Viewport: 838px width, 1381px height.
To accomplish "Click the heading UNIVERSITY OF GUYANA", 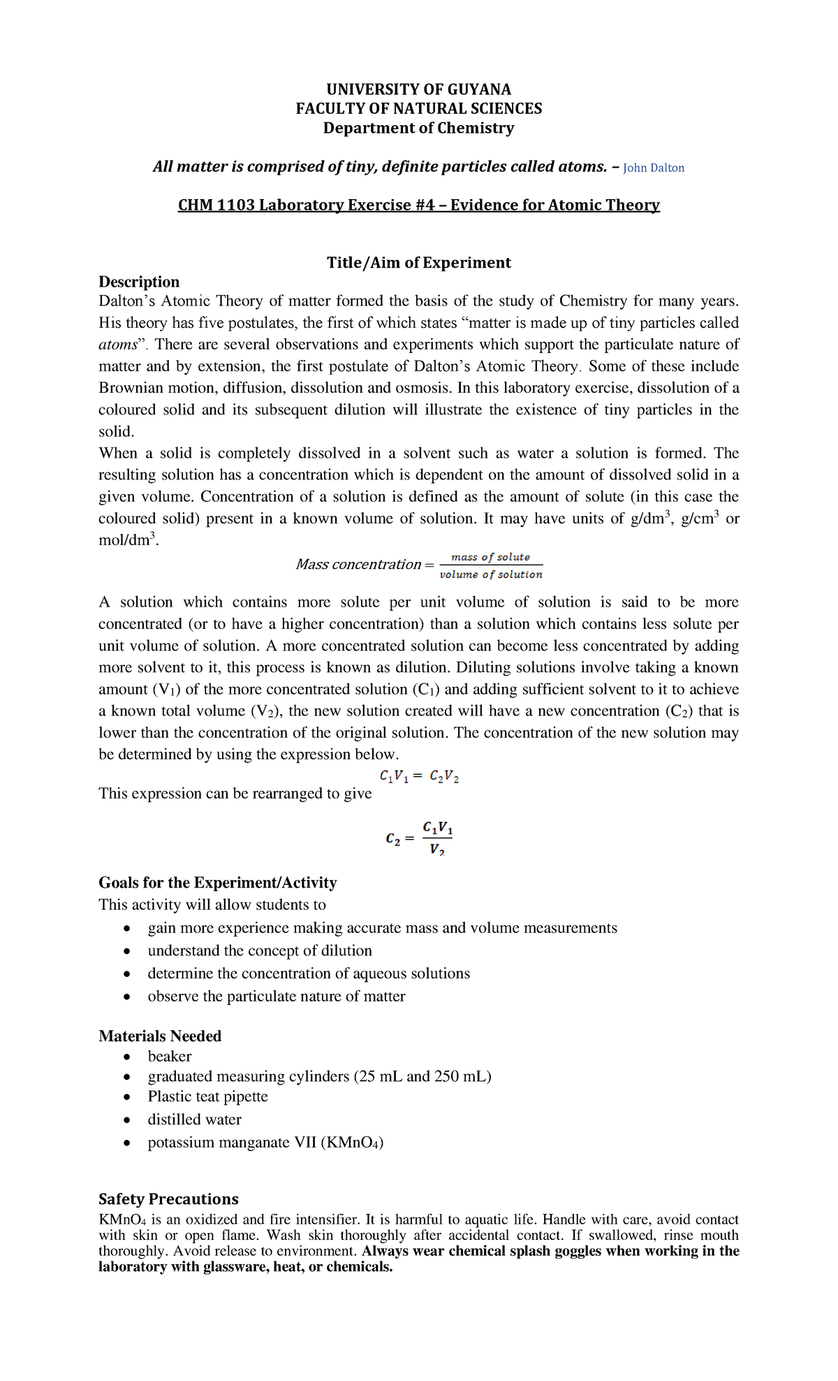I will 418,89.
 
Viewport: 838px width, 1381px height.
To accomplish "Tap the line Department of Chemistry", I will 418,128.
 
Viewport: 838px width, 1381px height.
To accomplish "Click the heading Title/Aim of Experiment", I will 418,263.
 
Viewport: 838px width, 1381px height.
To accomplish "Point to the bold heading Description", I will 139,282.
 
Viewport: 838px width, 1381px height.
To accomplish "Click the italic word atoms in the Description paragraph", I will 117,345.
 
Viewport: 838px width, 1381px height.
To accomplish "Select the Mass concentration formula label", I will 358,565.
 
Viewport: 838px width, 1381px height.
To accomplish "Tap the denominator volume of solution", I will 491,574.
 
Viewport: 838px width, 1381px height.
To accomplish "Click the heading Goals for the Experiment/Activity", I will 217,883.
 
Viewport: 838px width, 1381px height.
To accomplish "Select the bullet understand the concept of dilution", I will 260,950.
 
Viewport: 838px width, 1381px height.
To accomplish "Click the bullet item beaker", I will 170,1056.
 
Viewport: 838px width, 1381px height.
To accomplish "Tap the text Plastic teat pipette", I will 207,1097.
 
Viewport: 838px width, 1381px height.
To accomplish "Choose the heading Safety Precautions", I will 168,1199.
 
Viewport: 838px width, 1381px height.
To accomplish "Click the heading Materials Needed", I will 160,1036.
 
